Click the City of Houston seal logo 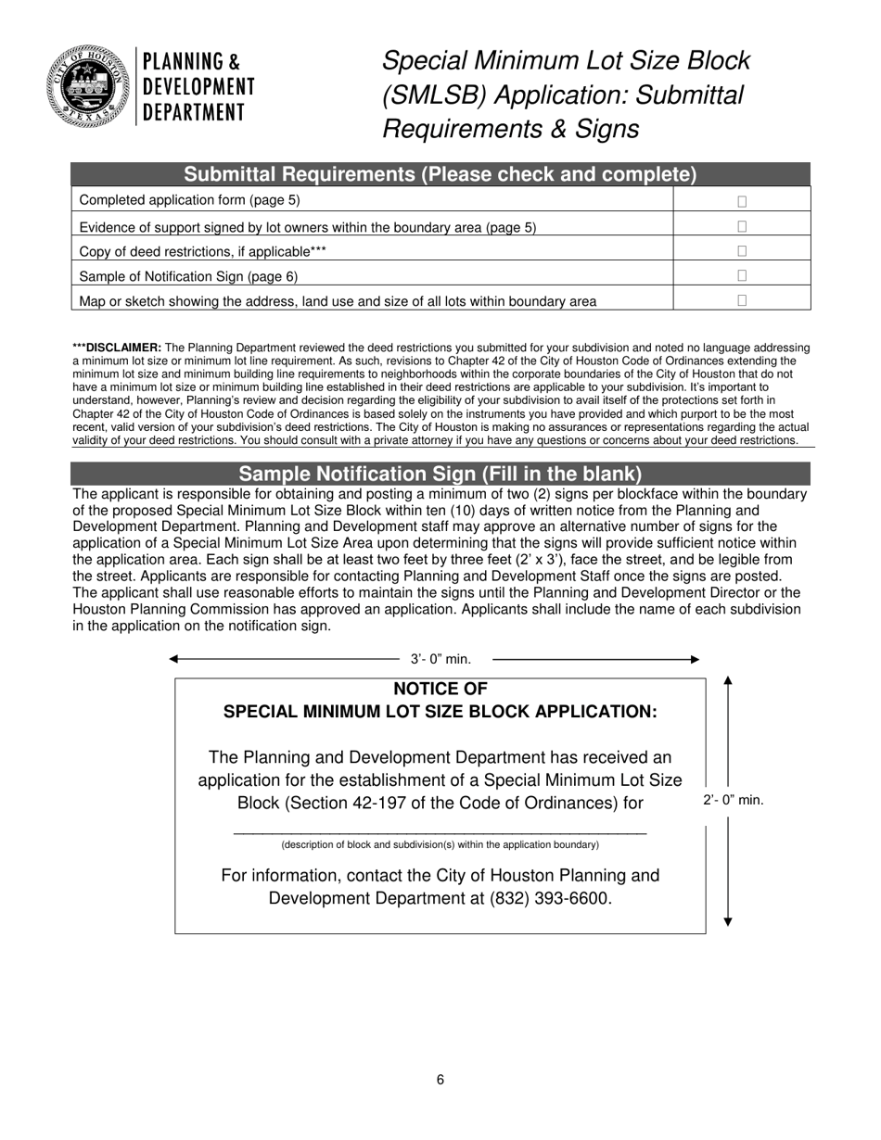point(86,86)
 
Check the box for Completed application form point(742,201)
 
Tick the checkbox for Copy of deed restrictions point(742,251)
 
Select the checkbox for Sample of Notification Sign point(742,276)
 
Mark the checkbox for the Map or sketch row point(742,300)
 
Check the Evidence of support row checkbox point(742,226)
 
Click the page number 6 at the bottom point(440,1080)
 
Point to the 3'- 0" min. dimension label point(441,660)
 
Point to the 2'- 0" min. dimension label point(733,801)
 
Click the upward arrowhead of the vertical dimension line point(728,681)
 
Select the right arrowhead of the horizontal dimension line point(695,659)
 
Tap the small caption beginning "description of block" point(440,845)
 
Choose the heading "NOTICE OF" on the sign point(440,690)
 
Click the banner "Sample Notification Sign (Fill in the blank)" point(440,474)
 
